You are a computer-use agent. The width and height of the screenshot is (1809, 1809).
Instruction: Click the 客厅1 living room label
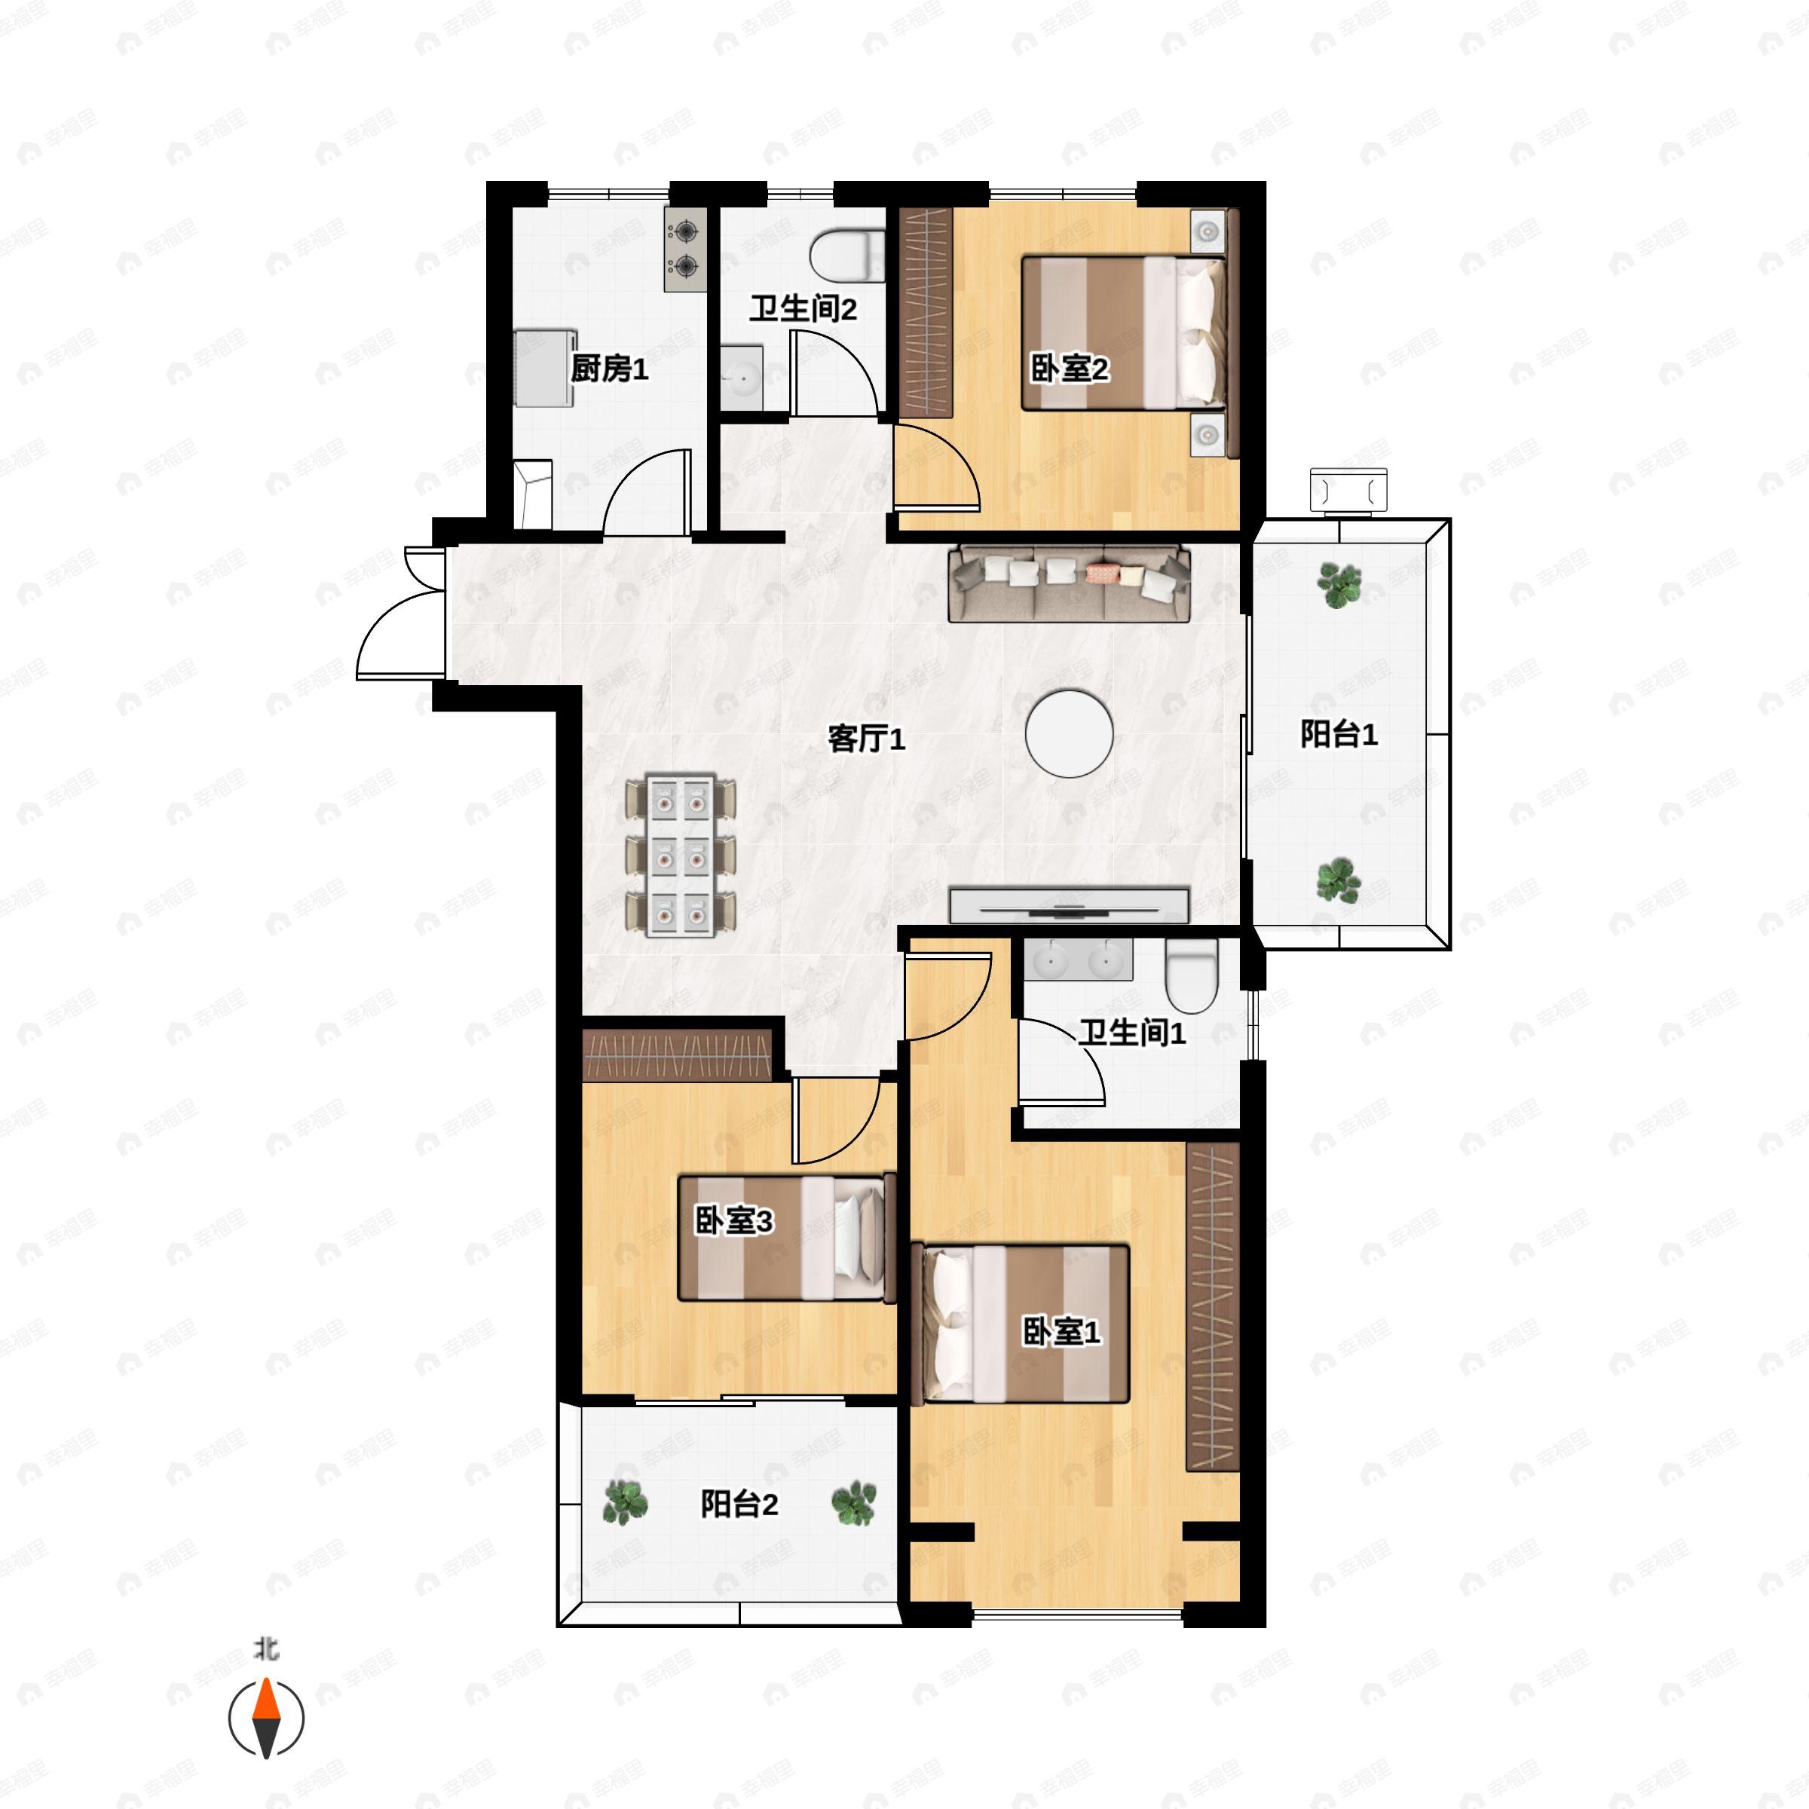(866, 739)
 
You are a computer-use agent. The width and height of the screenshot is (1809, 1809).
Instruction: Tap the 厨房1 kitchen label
(610, 369)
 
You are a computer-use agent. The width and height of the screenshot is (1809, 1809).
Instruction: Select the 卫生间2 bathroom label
(803, 308)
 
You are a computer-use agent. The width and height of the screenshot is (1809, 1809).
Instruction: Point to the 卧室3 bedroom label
(733, 1221)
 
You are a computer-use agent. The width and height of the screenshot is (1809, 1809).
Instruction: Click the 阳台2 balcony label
(739, 1504)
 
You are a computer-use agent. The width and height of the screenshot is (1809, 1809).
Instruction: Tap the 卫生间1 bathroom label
(1132, 1033)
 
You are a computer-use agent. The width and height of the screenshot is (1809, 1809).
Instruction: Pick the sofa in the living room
(1070, 584)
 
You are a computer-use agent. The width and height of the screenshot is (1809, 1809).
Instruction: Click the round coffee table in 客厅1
(1070, 734)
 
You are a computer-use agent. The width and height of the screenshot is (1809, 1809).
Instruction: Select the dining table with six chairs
(680, 855)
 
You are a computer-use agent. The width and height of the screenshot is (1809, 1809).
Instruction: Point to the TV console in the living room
(1070, 904)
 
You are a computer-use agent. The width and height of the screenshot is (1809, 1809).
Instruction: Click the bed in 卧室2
(1124, 332)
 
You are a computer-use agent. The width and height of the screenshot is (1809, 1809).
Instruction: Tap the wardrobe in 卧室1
(1213, 1306)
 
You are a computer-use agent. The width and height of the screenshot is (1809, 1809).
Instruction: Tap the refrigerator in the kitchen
(544, 366)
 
